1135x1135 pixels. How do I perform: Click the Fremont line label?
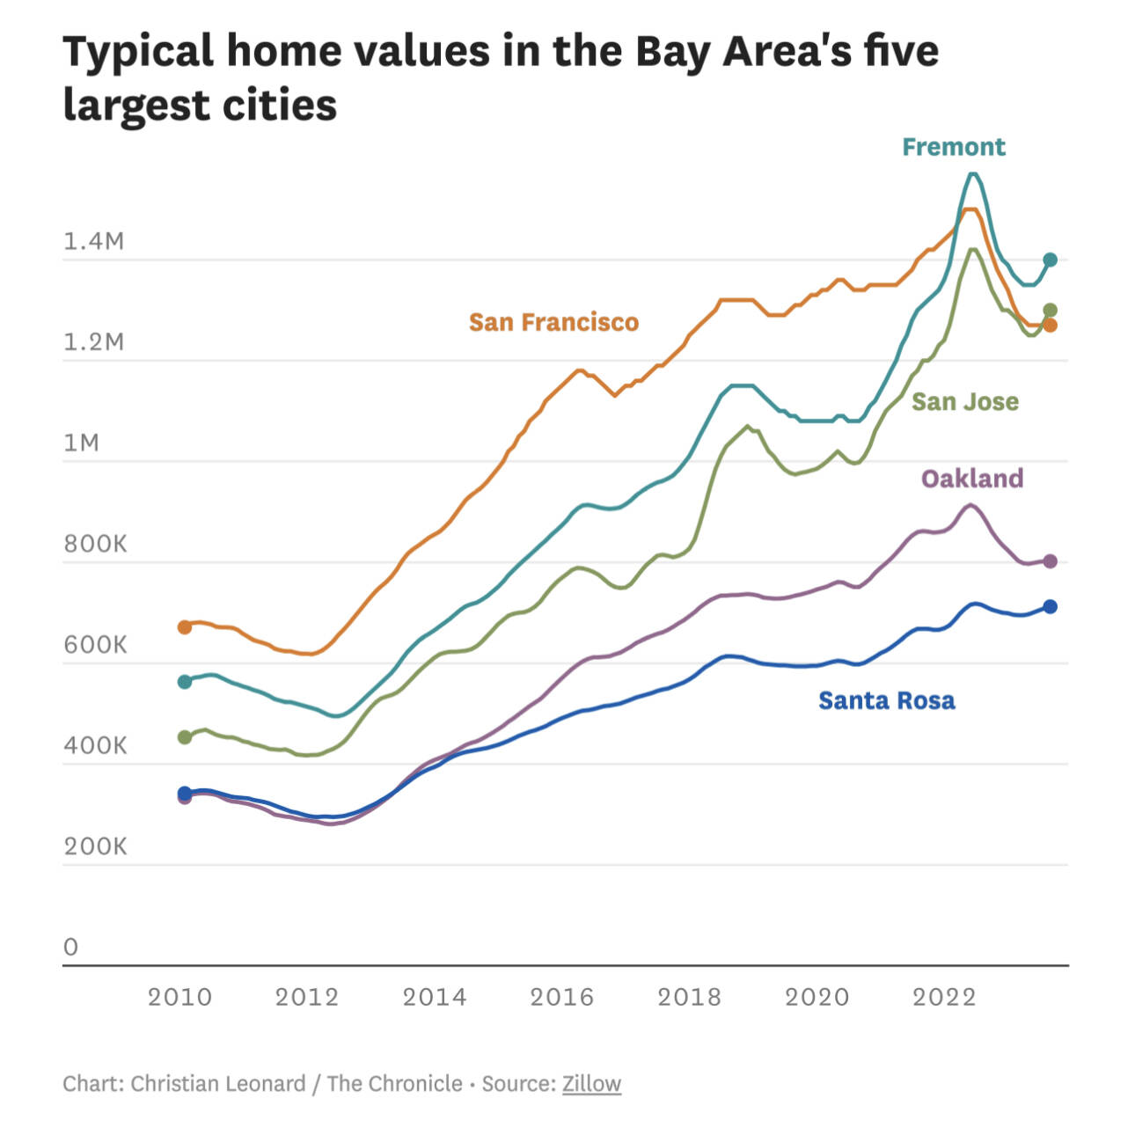953,147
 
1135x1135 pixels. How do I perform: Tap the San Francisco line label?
553,323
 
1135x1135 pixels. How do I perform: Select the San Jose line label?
964,402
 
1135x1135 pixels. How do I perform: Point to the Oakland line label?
972,479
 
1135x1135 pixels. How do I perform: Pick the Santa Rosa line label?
886,700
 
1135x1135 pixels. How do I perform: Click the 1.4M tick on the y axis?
93,241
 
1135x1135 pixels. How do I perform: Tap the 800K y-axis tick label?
95,544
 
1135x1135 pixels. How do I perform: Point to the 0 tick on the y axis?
70,947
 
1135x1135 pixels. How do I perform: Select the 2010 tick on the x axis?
179,997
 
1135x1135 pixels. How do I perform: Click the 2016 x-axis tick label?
561,997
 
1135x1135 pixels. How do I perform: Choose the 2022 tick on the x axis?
944,997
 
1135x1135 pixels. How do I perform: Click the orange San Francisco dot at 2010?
185,627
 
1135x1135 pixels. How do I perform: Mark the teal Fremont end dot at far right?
1050,260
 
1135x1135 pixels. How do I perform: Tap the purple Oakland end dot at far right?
1050,561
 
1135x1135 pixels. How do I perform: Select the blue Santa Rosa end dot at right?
1050,606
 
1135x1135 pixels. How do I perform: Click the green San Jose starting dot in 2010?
185,737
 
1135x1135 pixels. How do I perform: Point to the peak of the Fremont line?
972,173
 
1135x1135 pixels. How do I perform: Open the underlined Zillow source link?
591,1083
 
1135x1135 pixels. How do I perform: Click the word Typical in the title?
138,51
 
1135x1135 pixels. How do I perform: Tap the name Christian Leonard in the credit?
217,1083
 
